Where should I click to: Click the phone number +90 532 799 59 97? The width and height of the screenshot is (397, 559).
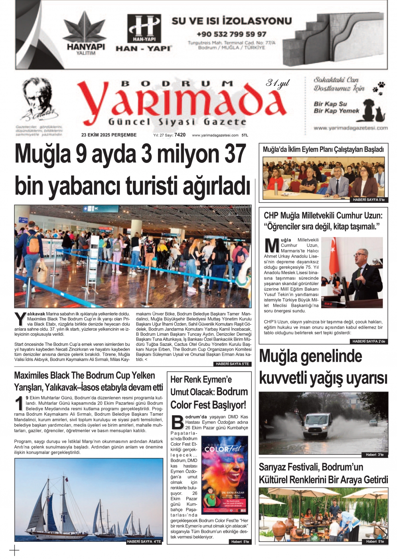(x=231, y=34)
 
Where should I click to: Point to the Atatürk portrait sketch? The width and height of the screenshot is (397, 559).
(x=38, y=100)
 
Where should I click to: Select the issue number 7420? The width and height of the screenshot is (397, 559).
(x=180, y=135)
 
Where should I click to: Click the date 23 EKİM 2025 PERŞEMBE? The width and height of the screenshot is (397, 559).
(x=109, y=135)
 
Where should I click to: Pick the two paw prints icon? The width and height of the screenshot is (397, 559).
(x=379, y=88)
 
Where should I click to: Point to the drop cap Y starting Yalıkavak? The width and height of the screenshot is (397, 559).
(x=20, y=319)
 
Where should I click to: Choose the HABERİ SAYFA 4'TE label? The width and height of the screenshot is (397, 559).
(x=144, y=541)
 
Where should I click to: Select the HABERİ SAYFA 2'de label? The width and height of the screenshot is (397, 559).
(x=369, y=341)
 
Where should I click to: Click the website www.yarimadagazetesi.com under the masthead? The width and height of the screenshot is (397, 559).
(x=215, y=135)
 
